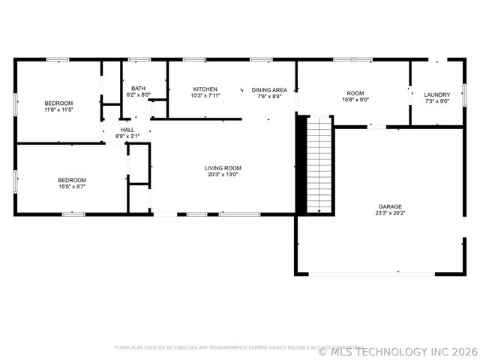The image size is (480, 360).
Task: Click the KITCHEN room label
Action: coord(205,89)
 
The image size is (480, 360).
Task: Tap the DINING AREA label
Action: coord(269,89)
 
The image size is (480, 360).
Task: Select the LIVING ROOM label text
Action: coord(223,168)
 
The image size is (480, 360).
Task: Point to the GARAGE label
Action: coord(390,206)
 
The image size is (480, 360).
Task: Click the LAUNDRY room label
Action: coord(436,94)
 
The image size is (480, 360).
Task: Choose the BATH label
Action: coord(138,88)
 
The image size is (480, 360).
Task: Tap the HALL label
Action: coord(127,130)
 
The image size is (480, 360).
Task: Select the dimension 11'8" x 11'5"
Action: coord(58,109)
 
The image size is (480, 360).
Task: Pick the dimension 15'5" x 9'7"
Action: coord(72,187)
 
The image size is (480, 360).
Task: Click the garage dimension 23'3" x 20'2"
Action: coord(390,213)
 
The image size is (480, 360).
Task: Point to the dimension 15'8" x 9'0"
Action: coord(355,100)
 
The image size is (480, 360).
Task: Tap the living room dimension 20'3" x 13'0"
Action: coord(223,175)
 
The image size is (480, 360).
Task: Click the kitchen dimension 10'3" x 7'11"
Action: coord(205,96)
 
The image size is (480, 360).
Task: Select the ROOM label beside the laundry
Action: coord(355,93)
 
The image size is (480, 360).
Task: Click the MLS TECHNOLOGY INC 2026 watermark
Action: coord(397,350)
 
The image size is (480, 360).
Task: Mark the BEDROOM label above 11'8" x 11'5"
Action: coord(58,103)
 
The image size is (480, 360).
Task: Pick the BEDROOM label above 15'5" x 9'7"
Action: coord(72,180)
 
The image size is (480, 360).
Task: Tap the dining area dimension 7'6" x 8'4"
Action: coord(269,96)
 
